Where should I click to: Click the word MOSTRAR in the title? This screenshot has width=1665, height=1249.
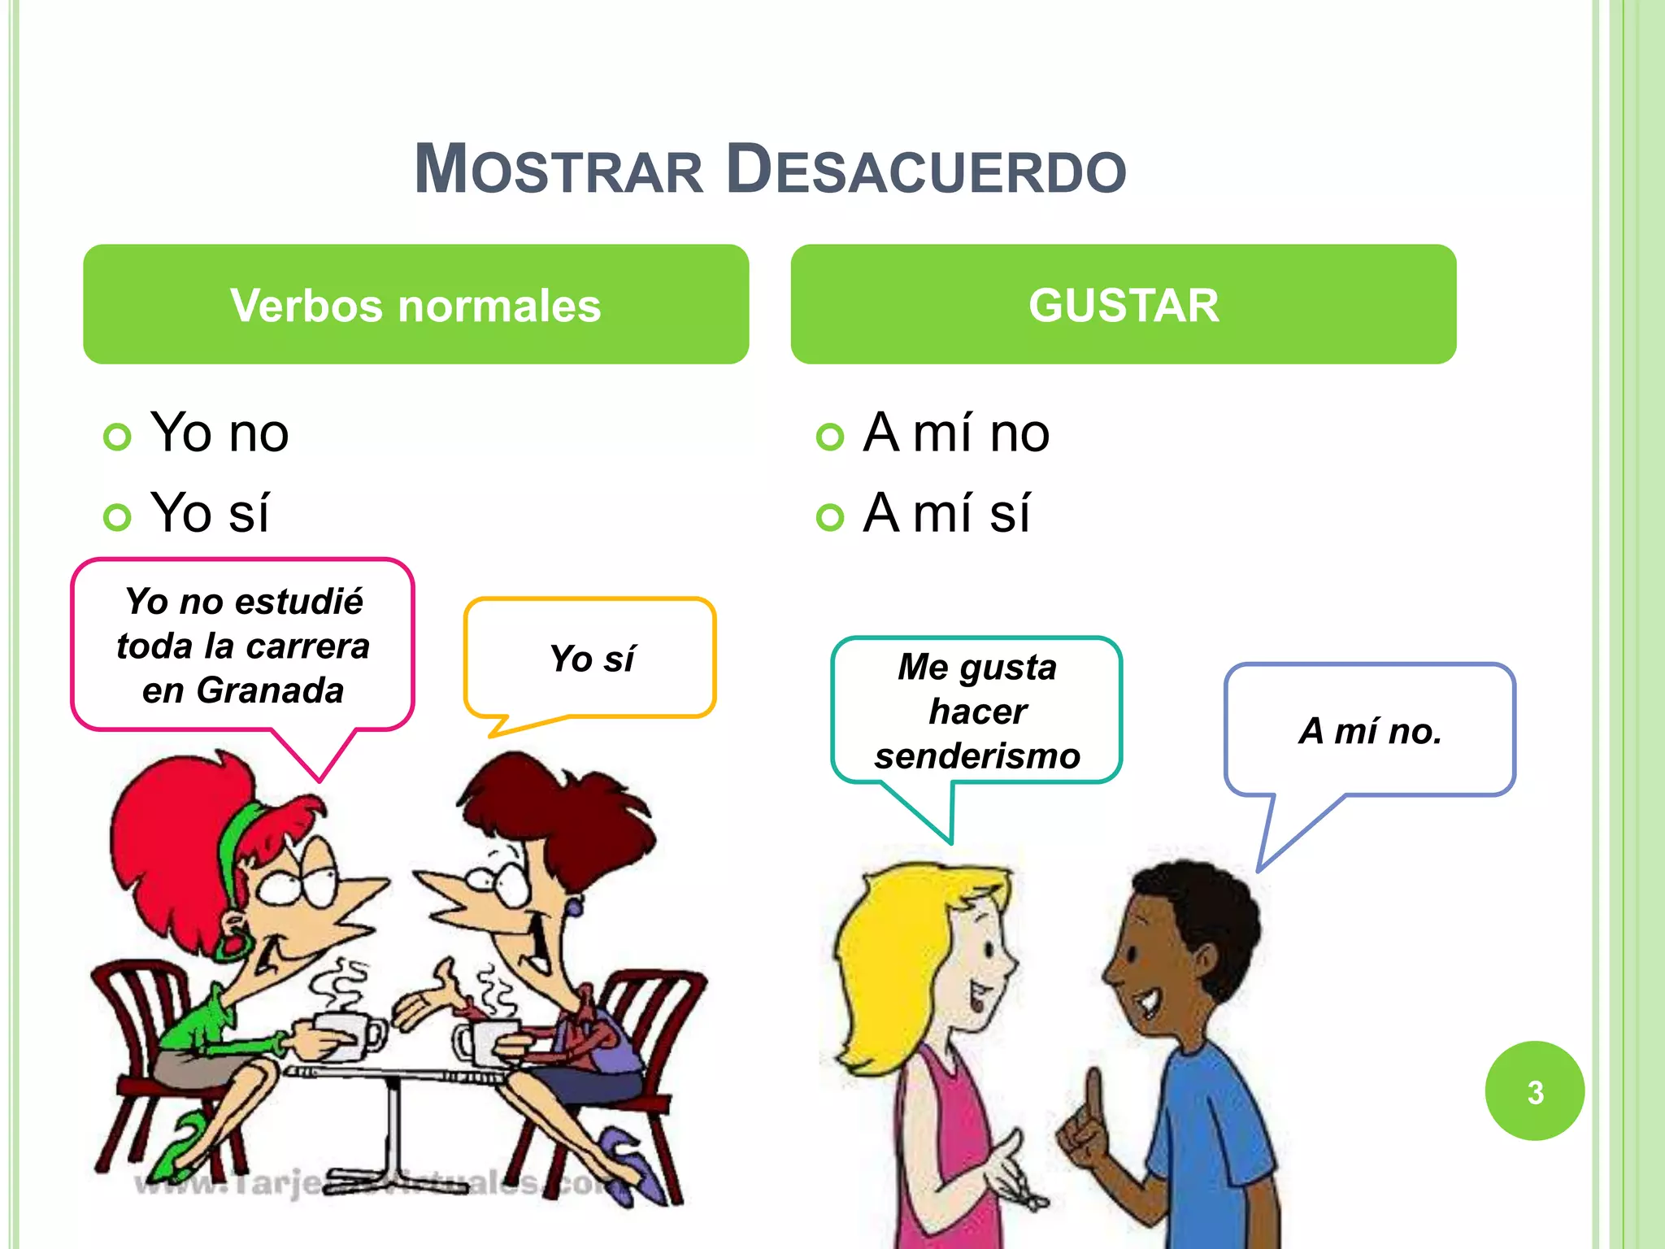coord(559,170)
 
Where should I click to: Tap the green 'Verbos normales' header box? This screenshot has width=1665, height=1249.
coord(415,304)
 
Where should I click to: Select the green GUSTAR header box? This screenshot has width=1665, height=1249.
coord(1123,304)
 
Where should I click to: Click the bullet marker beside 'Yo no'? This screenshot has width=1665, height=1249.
coord(117,437)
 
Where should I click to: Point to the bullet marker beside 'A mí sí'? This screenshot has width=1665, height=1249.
coord(829,517)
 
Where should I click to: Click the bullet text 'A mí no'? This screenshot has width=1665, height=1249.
coord(956,433)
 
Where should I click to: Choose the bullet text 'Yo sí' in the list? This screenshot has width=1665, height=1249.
coord(210,513)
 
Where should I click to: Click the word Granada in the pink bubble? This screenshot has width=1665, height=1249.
coord(270,690)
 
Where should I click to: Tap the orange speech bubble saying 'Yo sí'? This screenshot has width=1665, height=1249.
coord(590,658)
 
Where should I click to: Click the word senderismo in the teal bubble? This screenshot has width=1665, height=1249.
coord(977,756)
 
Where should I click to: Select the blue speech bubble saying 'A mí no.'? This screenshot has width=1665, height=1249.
coord(1370,730)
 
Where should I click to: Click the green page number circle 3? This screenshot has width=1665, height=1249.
coord(1534,1091)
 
